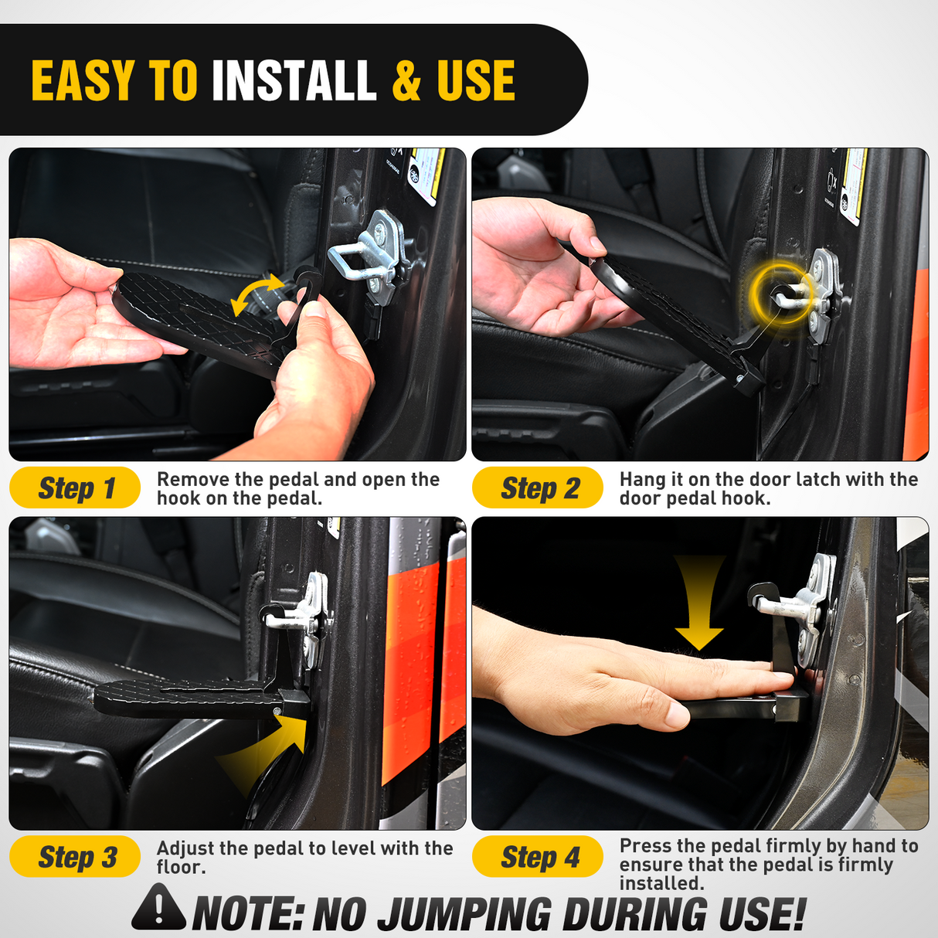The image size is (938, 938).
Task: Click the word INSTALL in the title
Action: point(294,81)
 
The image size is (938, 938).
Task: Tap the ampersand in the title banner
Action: point(406,81)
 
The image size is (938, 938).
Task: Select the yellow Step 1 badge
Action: point(75,488)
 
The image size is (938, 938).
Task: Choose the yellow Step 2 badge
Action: point(538,488)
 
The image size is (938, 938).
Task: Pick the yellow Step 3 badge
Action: point(75,857)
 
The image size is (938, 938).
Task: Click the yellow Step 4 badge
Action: point(538,857)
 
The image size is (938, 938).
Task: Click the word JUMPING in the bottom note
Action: point(464,915)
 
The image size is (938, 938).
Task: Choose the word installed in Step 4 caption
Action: point(661,883)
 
